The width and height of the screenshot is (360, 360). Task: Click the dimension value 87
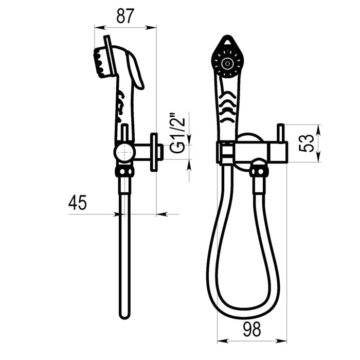(x=125, y=16)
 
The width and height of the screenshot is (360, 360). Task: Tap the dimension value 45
(x=77, y=203)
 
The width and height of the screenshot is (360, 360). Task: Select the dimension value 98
(x=252, y=329)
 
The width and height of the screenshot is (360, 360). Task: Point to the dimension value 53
(x=307, y=143)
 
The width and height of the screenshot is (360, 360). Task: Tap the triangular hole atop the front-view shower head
(x=227, y=42)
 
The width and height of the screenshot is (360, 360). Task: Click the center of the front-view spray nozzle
(x=227, y=63)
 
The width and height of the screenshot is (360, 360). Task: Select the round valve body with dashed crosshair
(x=124, y=152)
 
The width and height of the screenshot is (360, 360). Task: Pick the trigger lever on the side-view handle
(x=135, y=70)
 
